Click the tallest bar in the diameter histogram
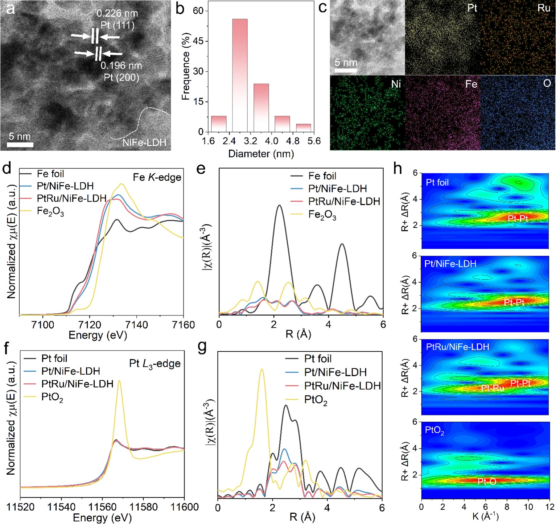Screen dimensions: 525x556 [x=240, y=75]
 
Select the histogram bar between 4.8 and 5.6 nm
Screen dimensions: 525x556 [x=304, y=128]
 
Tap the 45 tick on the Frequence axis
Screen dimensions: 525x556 [x=198, y=41]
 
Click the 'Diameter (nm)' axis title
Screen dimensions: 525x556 [x=261, y=154]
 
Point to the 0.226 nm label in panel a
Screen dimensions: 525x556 [x=117, y=14]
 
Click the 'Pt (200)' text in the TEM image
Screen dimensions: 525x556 [x=122, y=77]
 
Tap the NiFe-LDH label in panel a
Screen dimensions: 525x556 [x=144, y=142]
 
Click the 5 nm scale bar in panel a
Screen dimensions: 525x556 [x=20, y=145]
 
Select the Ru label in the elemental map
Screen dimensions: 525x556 [x=544, y=8]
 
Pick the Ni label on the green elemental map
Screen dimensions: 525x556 [x=396, y=84]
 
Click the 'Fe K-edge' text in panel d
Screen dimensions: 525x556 [x=157, y=177]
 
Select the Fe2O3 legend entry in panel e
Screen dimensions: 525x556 [x=322, y=215]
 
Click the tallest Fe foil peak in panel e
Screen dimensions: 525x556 [x=279, y=206]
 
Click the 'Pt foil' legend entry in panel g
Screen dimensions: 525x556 [x=318, y=359]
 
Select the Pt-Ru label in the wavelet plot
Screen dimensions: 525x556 [x=493, y=388]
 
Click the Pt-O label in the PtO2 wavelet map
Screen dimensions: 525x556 [x=487, y=481]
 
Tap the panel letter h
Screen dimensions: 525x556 [x=398, y=168]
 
